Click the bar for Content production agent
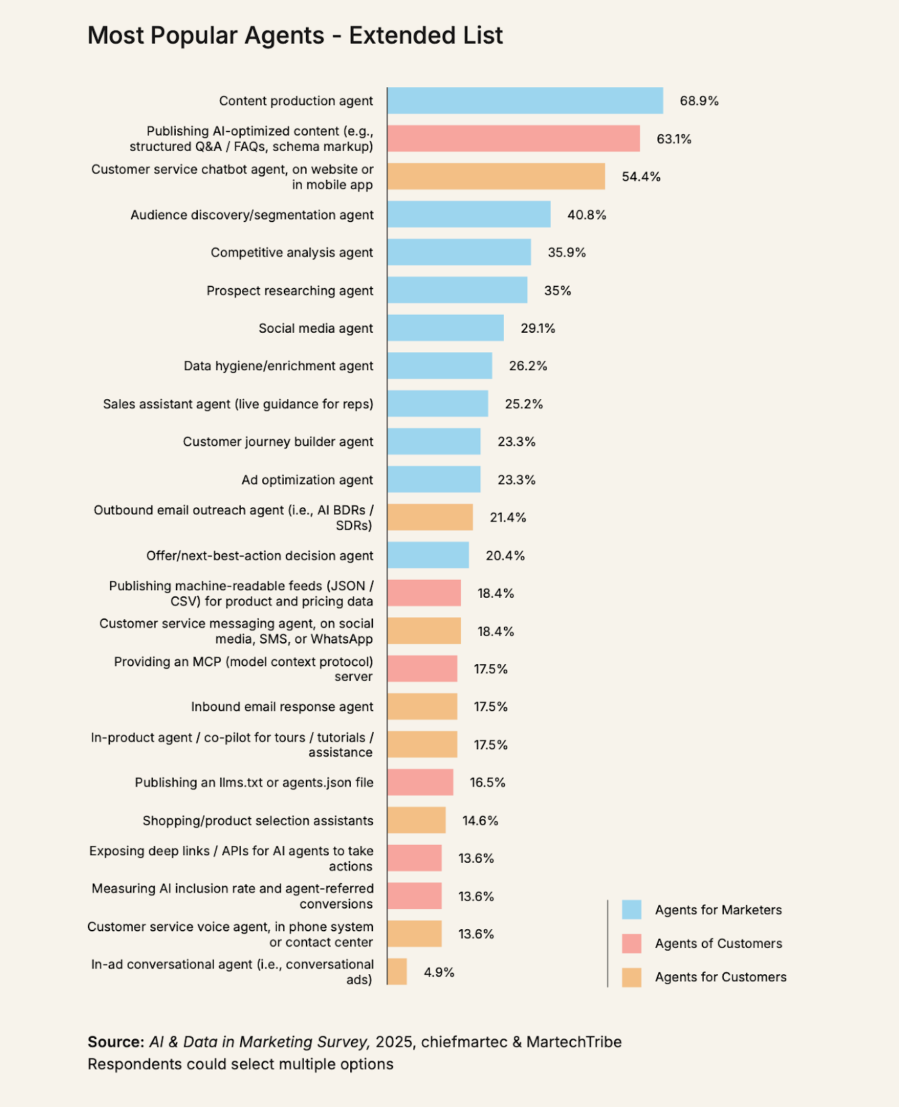525,101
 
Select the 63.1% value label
673,139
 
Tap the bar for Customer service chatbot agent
496,176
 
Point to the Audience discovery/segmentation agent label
252,215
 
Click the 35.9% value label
566,253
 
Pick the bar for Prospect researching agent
457,291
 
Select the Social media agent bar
445,328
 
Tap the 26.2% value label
528,366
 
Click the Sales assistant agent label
238,404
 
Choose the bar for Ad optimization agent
433,479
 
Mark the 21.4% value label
508,518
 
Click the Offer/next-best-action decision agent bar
428,556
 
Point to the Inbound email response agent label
282,707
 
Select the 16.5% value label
487,783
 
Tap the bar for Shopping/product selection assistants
416,821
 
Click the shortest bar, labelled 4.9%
397,972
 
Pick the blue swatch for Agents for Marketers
631,910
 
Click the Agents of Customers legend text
718,944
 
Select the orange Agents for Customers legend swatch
631,977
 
